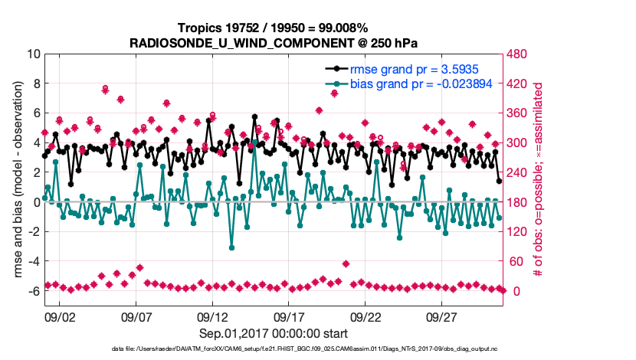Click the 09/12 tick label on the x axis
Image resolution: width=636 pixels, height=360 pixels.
point(213,316)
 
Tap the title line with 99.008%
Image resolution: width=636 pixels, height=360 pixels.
point(274,29)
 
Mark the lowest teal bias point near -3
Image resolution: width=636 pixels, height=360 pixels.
point(231,247)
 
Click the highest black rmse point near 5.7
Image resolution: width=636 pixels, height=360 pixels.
point(254,117)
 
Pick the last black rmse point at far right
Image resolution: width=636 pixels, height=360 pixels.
point(499,182)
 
